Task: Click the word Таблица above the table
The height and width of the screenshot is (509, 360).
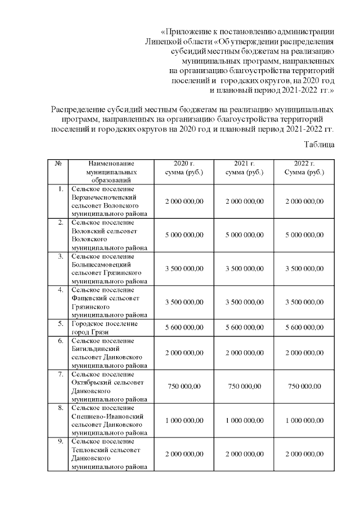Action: pos(320,144)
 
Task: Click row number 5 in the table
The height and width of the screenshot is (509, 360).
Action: pos(60,324)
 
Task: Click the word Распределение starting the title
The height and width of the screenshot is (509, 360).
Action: pos(79,109)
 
